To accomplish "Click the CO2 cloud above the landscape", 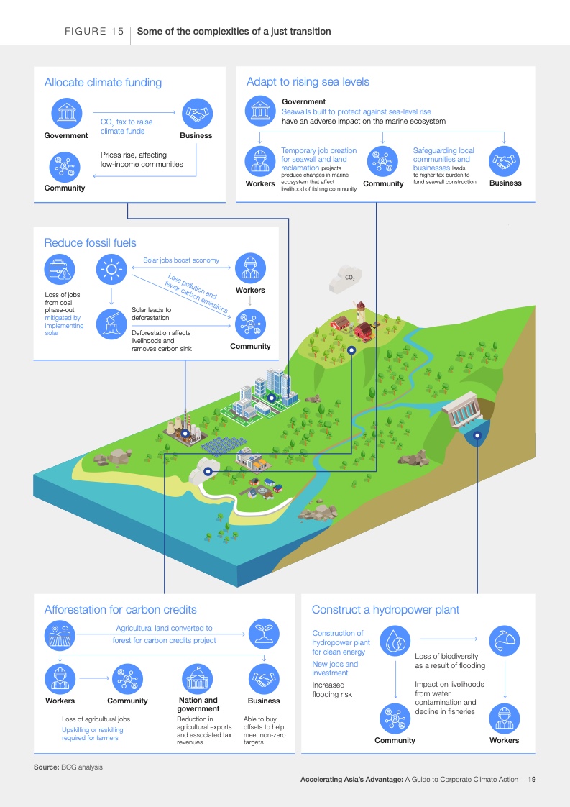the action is click(x=345, y=279).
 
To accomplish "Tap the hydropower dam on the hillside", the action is click(x=463, y=410).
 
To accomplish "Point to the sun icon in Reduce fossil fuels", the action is click(x=111, y=269).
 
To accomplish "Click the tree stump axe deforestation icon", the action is click(x=111, y=324).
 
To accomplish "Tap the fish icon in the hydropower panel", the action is click(x=504, y=641).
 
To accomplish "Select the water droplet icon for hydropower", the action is click(x=395, y=641).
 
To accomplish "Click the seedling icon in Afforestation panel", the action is click(x=264, y=634).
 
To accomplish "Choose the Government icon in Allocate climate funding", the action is click(x=66, y=113).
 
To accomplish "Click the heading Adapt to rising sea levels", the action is click(x=308, y=82).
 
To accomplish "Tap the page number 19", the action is click(x=532, y=779).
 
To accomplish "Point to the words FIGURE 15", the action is click(x=94, y=32).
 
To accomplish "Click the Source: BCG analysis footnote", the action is click(x=68, y=767).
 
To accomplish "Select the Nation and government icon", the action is click(x=198, y=679).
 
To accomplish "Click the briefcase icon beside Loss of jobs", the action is click(x=60, y=269).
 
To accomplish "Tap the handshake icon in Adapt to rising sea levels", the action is click(x=504, y=161).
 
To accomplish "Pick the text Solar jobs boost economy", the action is click(x=181, y=260).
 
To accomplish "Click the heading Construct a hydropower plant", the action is click(x=385, y=610).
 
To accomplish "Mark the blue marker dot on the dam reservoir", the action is click(x=477, y=435).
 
